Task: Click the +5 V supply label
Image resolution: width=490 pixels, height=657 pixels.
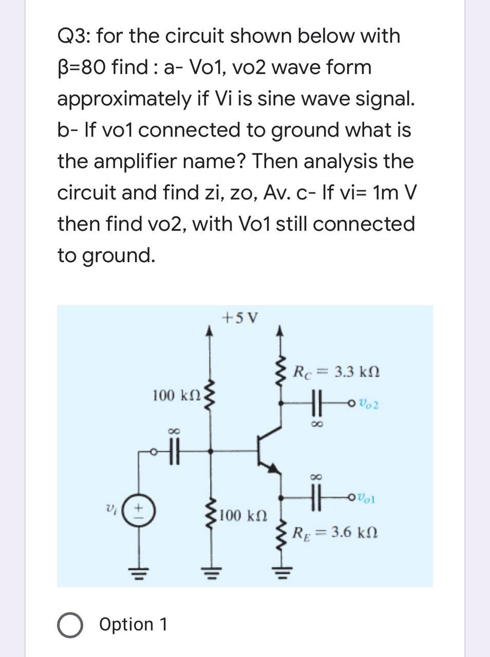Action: tap(240, 318)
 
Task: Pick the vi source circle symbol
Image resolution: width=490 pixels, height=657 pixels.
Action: tap(138, 511)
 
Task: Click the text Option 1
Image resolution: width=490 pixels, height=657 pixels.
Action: tap(133, 625)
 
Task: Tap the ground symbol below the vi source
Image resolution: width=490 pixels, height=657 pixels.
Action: tap(138, 571)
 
